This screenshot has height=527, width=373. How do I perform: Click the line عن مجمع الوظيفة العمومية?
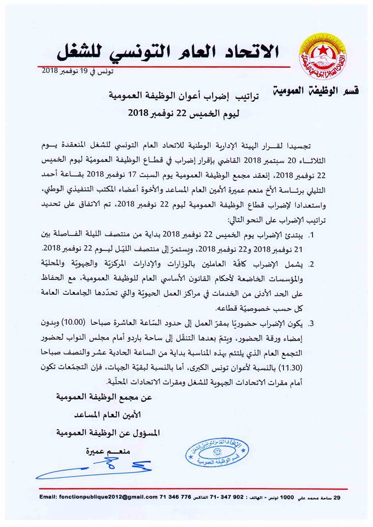(x=104, y=396)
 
